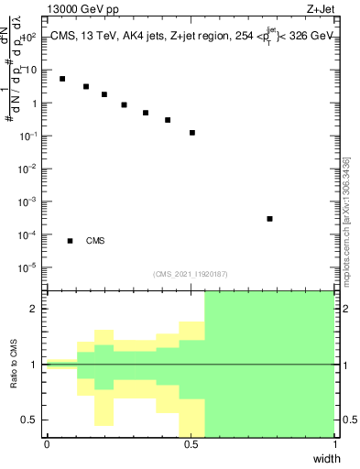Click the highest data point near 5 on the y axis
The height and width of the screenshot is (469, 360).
(x=62, y=79)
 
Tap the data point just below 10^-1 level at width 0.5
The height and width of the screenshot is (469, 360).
(x=192, y=133)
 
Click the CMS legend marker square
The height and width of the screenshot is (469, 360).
(x=70, y=241)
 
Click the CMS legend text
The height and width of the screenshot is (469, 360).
(x=95, y=241)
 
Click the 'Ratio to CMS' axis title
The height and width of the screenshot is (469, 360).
(x=14, y=365)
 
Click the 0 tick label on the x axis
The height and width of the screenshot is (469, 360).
(x=47, y=444)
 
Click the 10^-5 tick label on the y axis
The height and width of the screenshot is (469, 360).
(x=27, y=267)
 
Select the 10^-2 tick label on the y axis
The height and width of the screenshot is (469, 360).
(x=27, y=169)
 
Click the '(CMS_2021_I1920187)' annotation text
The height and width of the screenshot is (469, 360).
(x=190, y=274)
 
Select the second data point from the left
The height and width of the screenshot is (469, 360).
(x=86, y=87)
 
